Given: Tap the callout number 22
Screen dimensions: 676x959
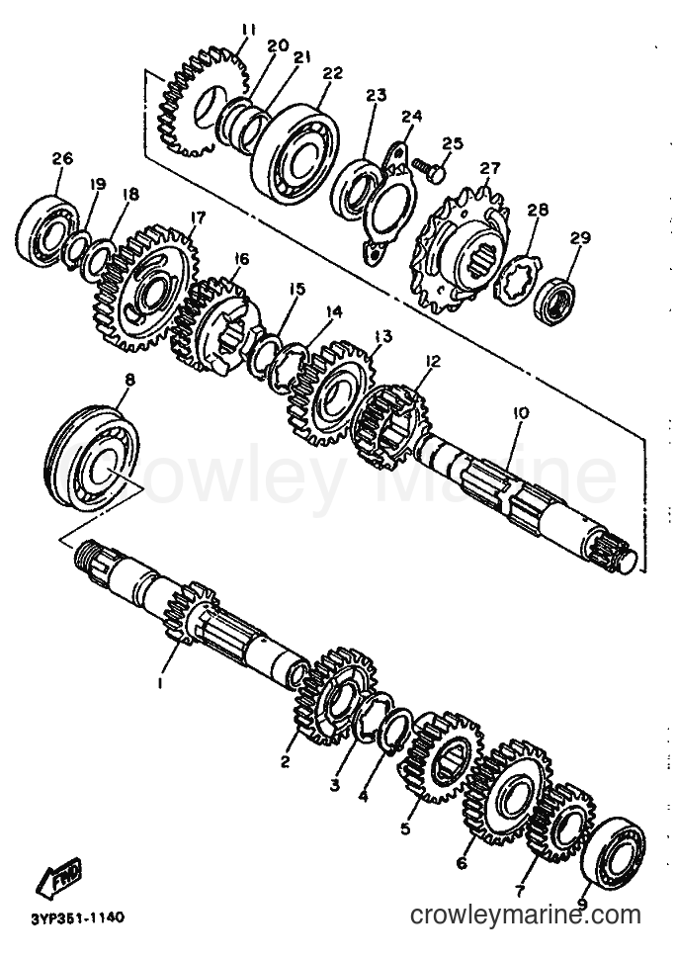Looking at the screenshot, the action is [x=332, y=73].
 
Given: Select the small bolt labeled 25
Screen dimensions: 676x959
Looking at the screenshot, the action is [x=428, y=168].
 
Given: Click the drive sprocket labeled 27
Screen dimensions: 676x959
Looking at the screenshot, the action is [x=463, y=251].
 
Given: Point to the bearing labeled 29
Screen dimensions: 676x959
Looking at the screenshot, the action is [x=553, y=301].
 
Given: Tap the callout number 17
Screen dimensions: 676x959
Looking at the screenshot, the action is [x=198, y=218].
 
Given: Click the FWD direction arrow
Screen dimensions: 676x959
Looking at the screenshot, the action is [x=59, y=877].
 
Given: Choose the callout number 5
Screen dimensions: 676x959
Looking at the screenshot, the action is [x=405, y=828].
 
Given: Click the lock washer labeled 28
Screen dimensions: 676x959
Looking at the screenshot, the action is [x=517, y=280].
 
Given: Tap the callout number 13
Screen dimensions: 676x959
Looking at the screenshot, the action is [x=383, y=337].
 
